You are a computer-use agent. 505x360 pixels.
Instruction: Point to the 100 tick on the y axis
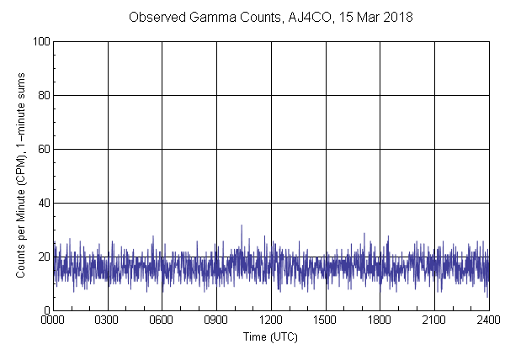point(40,41)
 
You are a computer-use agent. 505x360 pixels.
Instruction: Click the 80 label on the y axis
point(42,95)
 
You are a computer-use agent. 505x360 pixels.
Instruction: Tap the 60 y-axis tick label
point(42,149)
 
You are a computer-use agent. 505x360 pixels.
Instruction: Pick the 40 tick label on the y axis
point(42,203)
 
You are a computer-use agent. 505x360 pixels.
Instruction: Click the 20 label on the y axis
point(42,257)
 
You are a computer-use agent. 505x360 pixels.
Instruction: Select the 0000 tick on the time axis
point(53,320)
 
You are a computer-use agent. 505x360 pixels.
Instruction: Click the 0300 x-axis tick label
point(108,320)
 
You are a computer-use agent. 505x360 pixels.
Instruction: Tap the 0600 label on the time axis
point(162,320)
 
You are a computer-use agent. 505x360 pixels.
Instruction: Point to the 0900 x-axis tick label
point(216,320)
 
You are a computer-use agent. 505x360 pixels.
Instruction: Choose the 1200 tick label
point(271,320)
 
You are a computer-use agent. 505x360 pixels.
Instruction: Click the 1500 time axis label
point(326,320)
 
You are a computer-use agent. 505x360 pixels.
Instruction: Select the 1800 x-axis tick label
point(380,320)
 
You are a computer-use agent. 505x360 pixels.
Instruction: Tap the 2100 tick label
point(434,320)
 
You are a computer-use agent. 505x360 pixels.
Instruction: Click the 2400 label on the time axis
point(488,320)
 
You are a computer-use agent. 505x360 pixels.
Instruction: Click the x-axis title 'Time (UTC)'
point(270,336)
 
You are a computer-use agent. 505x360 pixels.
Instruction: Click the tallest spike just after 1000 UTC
point(242,225)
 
